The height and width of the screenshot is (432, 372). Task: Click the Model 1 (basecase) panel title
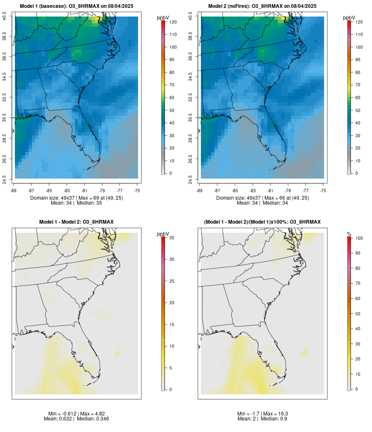tap(76, 6)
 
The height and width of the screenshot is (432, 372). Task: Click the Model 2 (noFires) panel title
tap(262, 6)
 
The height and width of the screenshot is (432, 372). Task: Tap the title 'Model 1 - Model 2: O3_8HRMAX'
tap(76, 222)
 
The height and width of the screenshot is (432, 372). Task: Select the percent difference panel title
tap(262, 222)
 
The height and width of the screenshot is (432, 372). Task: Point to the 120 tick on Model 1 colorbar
tap(173, 22)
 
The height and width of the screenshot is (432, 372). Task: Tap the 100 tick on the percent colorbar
tap(359, 238)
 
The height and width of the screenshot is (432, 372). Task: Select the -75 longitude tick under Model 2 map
tap(323, 191)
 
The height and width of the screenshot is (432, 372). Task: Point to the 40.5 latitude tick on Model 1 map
tap(4, 17)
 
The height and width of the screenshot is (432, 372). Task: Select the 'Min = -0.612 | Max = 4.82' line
tap(76, 414)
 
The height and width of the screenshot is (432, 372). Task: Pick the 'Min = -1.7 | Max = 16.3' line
tap(262, 414)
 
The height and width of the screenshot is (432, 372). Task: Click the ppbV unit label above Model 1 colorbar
tap(163, 18)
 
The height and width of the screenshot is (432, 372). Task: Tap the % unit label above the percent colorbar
tap(349, 234)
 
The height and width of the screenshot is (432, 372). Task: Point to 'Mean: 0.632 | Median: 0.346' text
tap(76, 419)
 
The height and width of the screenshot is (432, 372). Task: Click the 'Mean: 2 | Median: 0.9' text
tap(262, 419)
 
